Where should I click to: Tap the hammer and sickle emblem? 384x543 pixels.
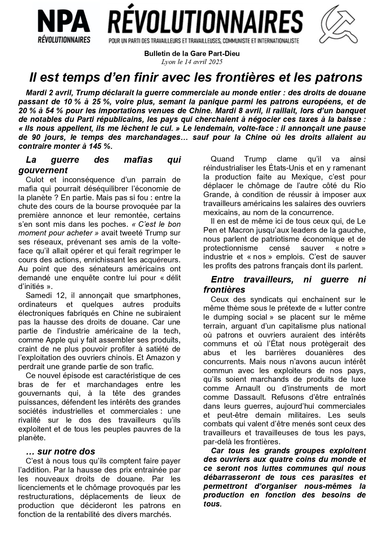339,25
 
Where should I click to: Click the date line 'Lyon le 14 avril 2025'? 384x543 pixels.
192,62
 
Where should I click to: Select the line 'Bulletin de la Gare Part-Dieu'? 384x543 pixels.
192,54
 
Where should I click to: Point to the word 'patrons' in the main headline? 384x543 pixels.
339,77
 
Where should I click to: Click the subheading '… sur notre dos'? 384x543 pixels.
60,451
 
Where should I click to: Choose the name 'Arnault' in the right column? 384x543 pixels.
246,388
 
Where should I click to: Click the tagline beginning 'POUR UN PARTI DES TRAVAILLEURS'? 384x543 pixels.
204,41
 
